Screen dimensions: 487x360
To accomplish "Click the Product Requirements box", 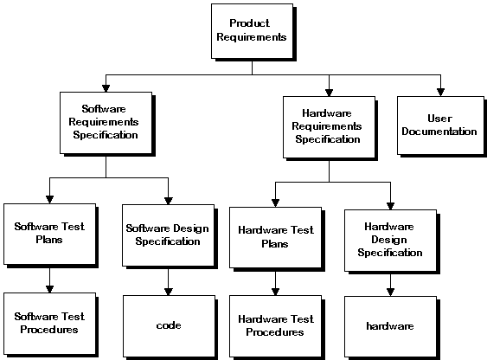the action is click(x=252, y=31).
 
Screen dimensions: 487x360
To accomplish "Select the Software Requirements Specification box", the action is click(x=106, y=123).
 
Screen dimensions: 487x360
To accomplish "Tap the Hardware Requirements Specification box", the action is click(x=329, y=127).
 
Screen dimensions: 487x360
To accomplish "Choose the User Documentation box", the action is click(x=440, y=125).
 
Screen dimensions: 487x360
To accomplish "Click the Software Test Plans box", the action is click(x=49, y=234).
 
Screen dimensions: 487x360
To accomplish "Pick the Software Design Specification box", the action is click(x=169, y=235).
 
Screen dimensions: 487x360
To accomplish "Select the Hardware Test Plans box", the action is click(x=275, y=237).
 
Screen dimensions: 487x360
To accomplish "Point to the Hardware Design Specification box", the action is click(x=390, y=241).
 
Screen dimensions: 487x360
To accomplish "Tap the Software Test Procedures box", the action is click(x=49, y=324).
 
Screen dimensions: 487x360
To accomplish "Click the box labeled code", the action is click(x=169, y=326).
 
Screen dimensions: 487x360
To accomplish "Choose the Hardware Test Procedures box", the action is click(x=275, y=326).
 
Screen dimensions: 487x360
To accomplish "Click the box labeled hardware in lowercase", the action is click(x=390, y=327).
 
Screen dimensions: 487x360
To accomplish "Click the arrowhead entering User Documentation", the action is click(x=440, y=93).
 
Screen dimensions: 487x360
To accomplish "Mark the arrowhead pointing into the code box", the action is click(x=169, y=292).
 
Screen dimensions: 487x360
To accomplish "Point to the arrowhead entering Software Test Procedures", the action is click(x=49, y=289).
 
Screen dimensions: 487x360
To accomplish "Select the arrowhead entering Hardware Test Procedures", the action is click(x=275, y=292).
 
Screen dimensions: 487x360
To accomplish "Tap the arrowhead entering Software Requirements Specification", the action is click(x=106, y=88).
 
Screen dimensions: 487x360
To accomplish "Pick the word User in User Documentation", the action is click(x=439, y=119).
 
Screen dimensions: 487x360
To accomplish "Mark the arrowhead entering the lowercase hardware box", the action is click(x=390, y=292).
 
